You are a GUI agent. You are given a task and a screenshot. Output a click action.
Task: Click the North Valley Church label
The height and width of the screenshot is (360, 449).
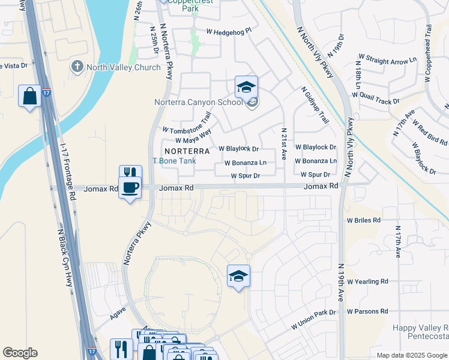point(123,67)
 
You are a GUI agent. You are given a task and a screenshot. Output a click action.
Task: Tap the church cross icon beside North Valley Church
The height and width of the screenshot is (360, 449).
point(76,67)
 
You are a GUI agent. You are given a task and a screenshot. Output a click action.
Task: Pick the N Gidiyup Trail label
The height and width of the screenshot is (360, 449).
point(315,105)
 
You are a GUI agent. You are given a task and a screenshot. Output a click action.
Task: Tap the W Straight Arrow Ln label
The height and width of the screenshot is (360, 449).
point(387,59)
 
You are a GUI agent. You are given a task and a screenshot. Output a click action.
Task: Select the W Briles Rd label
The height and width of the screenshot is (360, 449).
point(363,220)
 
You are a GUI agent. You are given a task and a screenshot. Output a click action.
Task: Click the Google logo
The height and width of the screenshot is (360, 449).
point(20,353)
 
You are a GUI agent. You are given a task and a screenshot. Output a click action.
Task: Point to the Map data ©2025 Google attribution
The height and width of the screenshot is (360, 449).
point(411,355)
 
